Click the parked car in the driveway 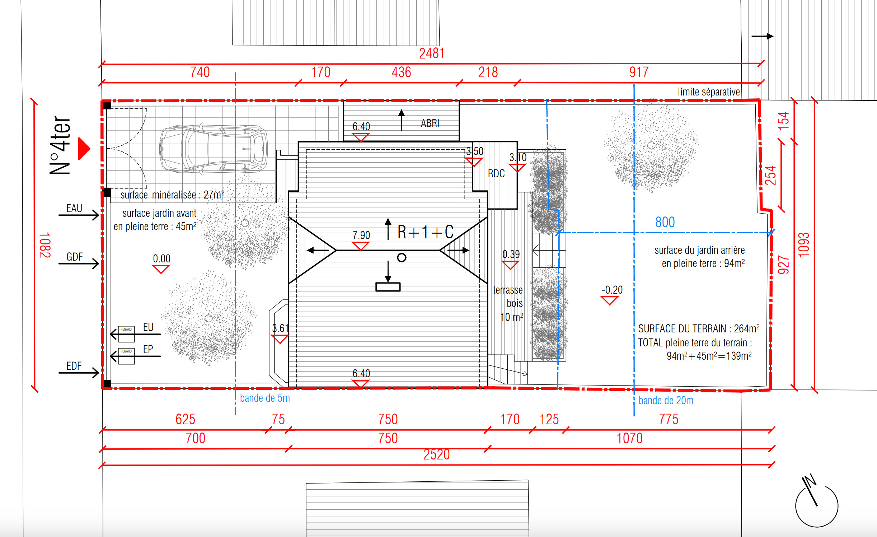tap(213, 149)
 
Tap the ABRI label tap(430, 123)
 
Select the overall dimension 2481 tap(432, 53)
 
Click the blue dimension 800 tap(665, 222)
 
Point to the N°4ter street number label tap(60, 145)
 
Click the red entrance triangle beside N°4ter tap(84, 148)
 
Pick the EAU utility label tap(74, 208)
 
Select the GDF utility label tap(75, 257)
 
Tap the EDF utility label tap(74, 366)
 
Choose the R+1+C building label tap(426, 232)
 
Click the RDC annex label tap(496, 174)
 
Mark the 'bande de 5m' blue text tap(265, 398)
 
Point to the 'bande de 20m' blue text tap(666, 401)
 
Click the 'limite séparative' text tap(709, 92)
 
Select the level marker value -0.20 tap(612, 290)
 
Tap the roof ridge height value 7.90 tap(361, 235)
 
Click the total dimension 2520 tap(436, 454)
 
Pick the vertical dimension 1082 tap(45, 245)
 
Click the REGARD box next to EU tap(126, 334)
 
